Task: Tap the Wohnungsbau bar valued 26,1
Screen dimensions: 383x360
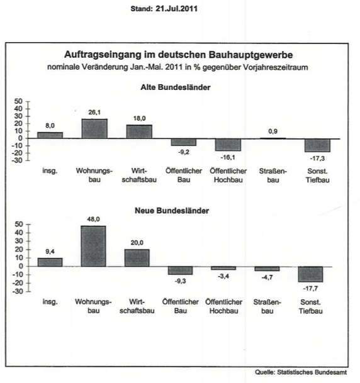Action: pos(94,128)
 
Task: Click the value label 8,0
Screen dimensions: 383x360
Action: pos(50,126)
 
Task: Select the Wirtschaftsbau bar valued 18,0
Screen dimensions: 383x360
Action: pos(139,131)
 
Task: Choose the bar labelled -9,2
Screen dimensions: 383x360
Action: pos(183,142)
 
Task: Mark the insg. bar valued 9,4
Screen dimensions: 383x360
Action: pos(50,262)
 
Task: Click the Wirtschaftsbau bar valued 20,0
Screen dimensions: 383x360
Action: pos(137,257)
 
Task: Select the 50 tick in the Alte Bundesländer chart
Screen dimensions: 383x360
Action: pos(19,101)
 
